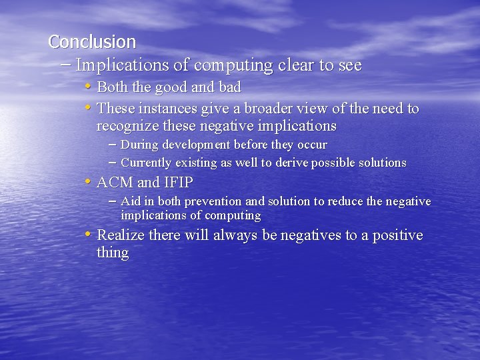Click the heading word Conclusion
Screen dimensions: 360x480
click(x=92, y=42)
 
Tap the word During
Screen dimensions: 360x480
click(x=139, y=145)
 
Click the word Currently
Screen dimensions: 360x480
click(x=147, y=163)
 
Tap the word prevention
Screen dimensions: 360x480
click(x=213, y=201)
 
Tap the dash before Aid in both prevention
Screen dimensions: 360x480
click(x=112, y=201)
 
